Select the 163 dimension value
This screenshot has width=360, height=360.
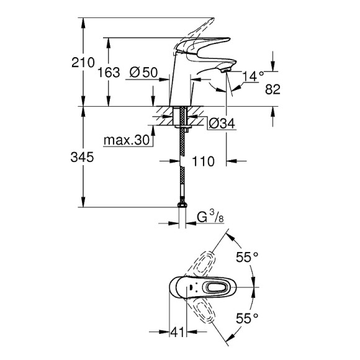109,73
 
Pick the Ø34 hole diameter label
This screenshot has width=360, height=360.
222,123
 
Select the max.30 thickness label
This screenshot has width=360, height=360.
127,141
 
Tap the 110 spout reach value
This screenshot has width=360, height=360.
203,161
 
